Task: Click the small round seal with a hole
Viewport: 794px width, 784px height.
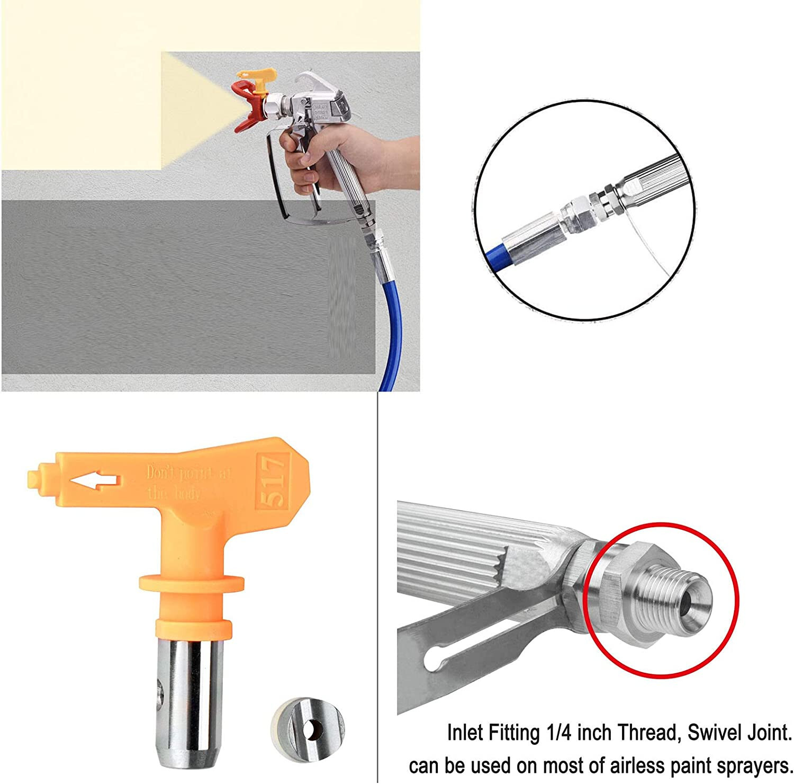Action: [x=308, y=726]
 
